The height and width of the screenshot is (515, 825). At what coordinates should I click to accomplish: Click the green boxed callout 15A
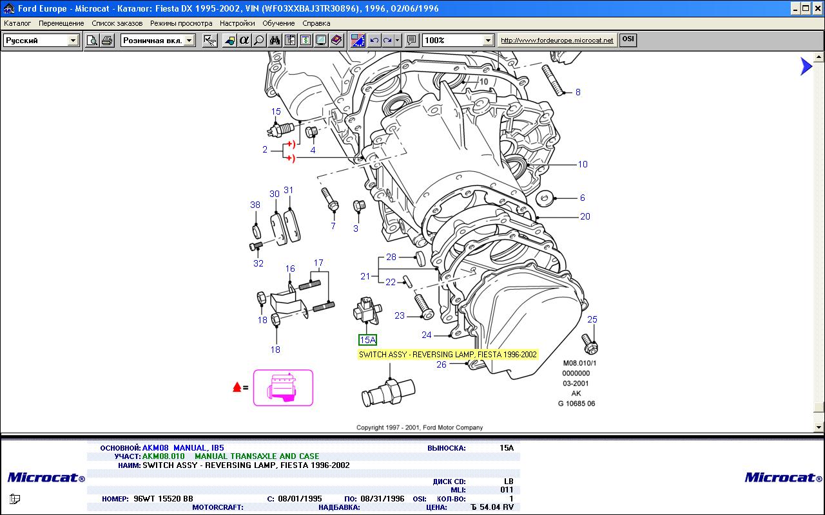click(367, 340)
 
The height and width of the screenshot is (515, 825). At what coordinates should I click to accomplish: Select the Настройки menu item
click(237, 23)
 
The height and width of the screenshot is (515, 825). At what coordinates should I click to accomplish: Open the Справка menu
click(316, 23)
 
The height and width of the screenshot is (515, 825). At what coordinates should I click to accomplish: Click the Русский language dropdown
click(41, 40)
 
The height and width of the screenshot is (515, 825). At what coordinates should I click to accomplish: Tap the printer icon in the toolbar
click(107, 40)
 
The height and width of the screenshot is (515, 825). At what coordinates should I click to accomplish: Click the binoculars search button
click(275, 40)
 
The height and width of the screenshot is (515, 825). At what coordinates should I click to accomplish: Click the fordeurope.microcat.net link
click(557, 40)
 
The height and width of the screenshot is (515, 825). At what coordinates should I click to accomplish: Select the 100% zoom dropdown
click(458, 40)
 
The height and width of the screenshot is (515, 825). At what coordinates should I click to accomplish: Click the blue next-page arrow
click(806, 66)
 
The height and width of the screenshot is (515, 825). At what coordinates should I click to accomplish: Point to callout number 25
click(592, 319)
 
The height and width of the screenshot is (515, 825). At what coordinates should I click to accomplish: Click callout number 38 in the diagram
click(255, 205)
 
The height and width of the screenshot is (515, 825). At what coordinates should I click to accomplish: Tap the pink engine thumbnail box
click(283, 388)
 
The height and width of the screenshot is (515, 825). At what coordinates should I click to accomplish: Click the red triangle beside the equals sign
click(237, 387)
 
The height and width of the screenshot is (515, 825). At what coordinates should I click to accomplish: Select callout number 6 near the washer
click(582, 198)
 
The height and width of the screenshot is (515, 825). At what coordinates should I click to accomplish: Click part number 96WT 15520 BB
click(163, 498)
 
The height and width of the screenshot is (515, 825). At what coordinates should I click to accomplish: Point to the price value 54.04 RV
click(492, 507)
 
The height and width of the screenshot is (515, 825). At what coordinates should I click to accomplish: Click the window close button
click(817, 8)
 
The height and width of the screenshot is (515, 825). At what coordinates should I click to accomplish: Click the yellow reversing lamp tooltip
click(448, 355)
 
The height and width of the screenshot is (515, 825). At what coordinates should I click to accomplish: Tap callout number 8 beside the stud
click(578, 92)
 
